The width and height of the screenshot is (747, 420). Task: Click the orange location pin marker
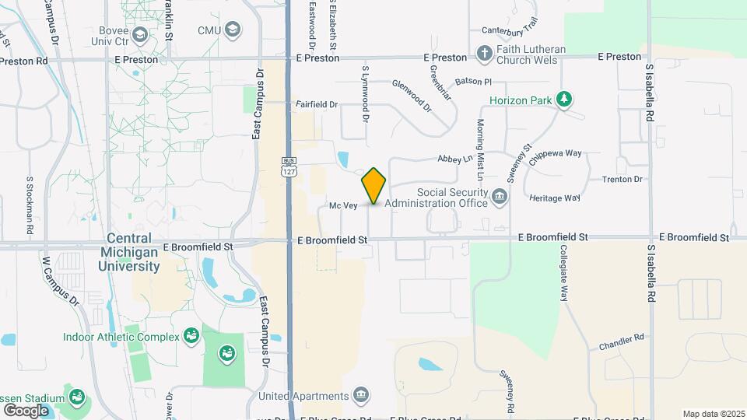pyautogui.click(x=373, y=186)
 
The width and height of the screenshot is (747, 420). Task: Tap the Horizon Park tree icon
pyautogui.click(x=564, y=100)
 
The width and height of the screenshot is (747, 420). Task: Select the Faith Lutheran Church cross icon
pyautogui.click(x=483, y=55)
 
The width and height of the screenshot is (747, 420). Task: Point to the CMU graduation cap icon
pyautogui.click(x=233, y=30)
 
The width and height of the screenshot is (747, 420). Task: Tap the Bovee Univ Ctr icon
pyautogui.click(x=140, y=34)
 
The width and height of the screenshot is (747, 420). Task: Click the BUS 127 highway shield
pyautogui.click(x=289, y=166)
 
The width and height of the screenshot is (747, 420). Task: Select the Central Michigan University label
pyautogui.click(x=128, y=253)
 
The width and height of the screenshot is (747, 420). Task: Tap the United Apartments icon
pyautogui.click(x=360, y=396)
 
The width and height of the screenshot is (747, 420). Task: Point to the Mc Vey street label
pyautogui.click(x=342, y=205)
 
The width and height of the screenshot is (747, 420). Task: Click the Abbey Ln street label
pyautogui.click(x=456, y=158)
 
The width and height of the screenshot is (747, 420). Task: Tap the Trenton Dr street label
pyautogui.click(x=622, y=180)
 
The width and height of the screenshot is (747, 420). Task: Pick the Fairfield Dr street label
pyautogui.click(x=317, y=103)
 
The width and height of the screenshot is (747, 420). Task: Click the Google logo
pyautogui.click(x=26, y=410)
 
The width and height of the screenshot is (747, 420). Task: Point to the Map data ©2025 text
pyautogui.click(x=713, y=414)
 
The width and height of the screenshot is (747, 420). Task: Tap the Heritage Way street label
pyautogui.click(x=555, y=198)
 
